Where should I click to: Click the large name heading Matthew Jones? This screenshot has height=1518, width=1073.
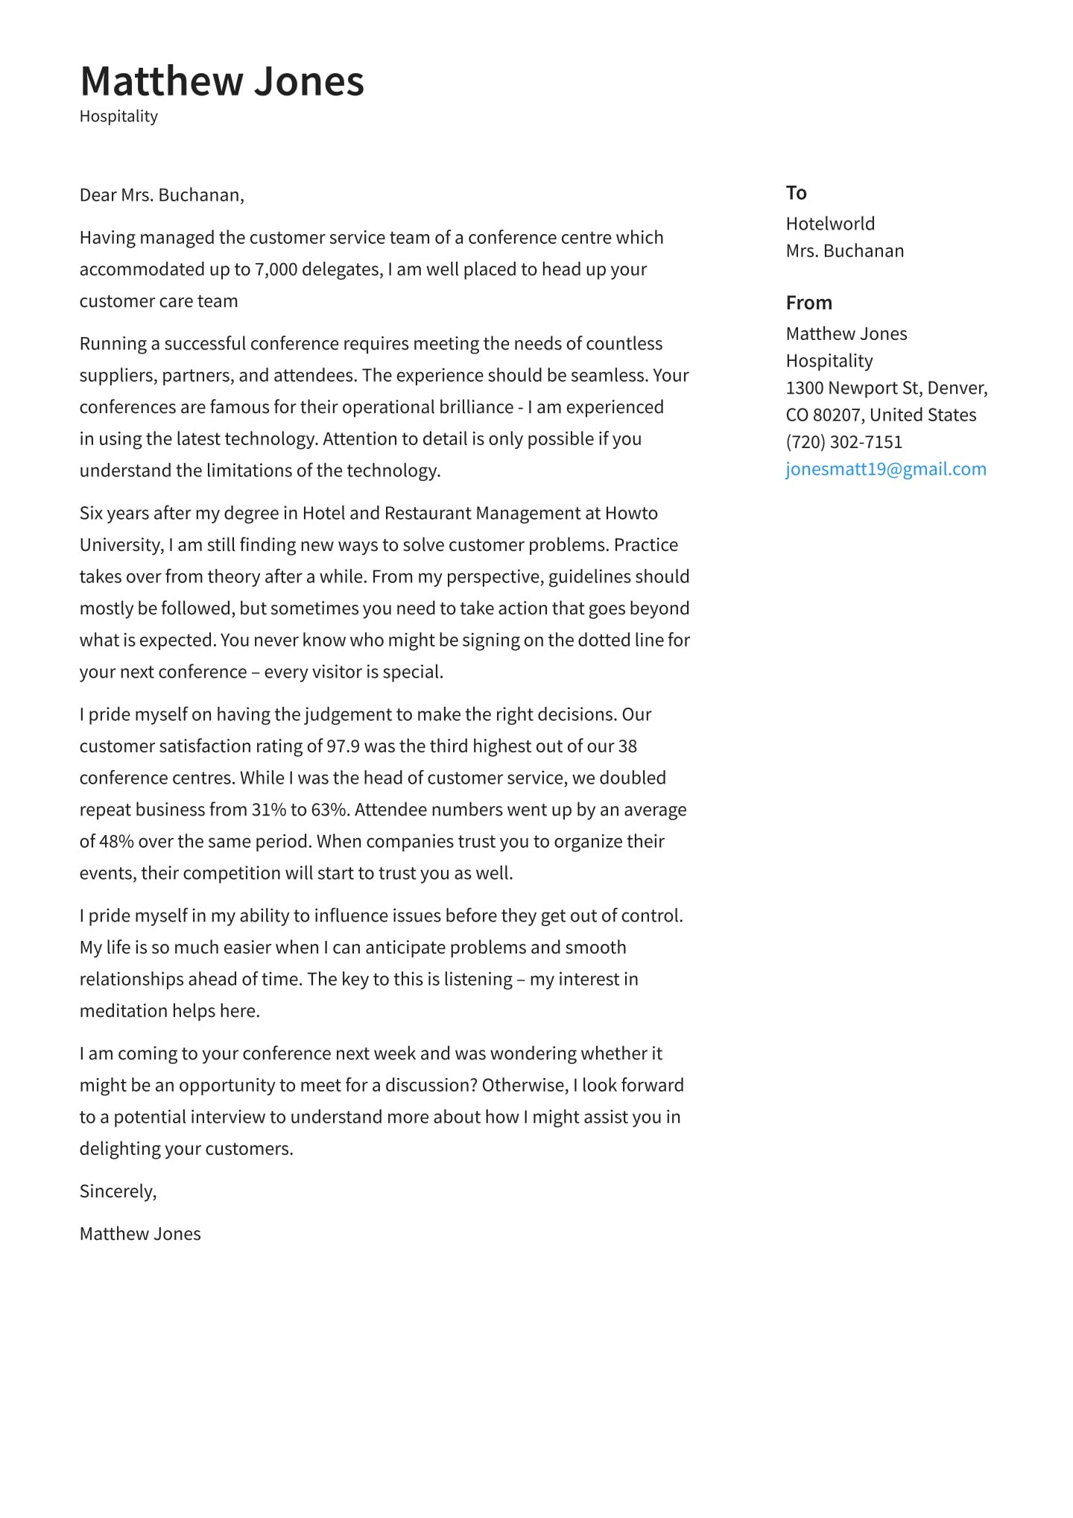222,81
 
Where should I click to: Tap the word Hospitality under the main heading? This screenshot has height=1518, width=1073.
118,116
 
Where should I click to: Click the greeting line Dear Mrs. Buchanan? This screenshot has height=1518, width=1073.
162,195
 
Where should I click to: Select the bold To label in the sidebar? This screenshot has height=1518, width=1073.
796,193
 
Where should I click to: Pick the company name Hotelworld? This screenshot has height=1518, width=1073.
830,224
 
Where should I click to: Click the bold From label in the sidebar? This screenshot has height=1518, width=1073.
808,303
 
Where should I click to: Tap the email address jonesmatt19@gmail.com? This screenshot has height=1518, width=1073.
885,469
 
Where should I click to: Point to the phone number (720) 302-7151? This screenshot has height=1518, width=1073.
843,442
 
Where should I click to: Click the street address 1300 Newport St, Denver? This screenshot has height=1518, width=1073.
886,388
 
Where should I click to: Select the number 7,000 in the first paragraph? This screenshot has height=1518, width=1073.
276,269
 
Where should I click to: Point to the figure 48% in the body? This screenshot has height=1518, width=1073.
116,842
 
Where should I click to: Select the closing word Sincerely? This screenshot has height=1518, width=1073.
118,1191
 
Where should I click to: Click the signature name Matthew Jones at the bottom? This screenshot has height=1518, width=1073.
140,1234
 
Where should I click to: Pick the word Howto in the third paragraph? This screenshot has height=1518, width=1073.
631,513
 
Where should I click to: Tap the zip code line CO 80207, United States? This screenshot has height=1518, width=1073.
881,415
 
